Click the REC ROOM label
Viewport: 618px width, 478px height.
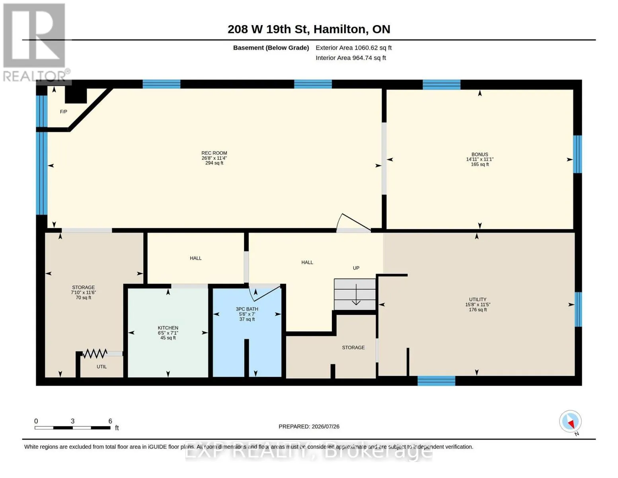coord(214,153)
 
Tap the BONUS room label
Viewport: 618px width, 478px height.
coord(480,154)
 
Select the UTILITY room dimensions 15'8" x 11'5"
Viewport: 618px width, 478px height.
coord(478,304)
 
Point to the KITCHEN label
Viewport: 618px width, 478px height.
coord(168,328)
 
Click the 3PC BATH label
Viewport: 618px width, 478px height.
coord(247,309)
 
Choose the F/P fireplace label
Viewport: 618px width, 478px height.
coord(63,112)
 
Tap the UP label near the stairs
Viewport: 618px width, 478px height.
coord(356,268)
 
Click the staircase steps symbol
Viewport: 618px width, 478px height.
coord(355,294)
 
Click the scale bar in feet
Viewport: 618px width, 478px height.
coord(73,427)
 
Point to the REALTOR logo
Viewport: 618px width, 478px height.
coord(35,43)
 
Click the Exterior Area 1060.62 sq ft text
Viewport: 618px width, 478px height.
coord(353,47)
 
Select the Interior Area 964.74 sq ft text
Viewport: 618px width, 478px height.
coord(351,58)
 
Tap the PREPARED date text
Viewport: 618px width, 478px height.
coord(309,426)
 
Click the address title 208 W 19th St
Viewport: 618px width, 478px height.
coord(269,29)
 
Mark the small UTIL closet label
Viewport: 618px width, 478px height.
coord(101,367)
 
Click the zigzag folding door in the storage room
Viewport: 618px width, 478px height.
coord(95,353)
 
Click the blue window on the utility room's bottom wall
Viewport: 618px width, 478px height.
coord(436,381)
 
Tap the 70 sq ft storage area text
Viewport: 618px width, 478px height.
coord(83,298)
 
